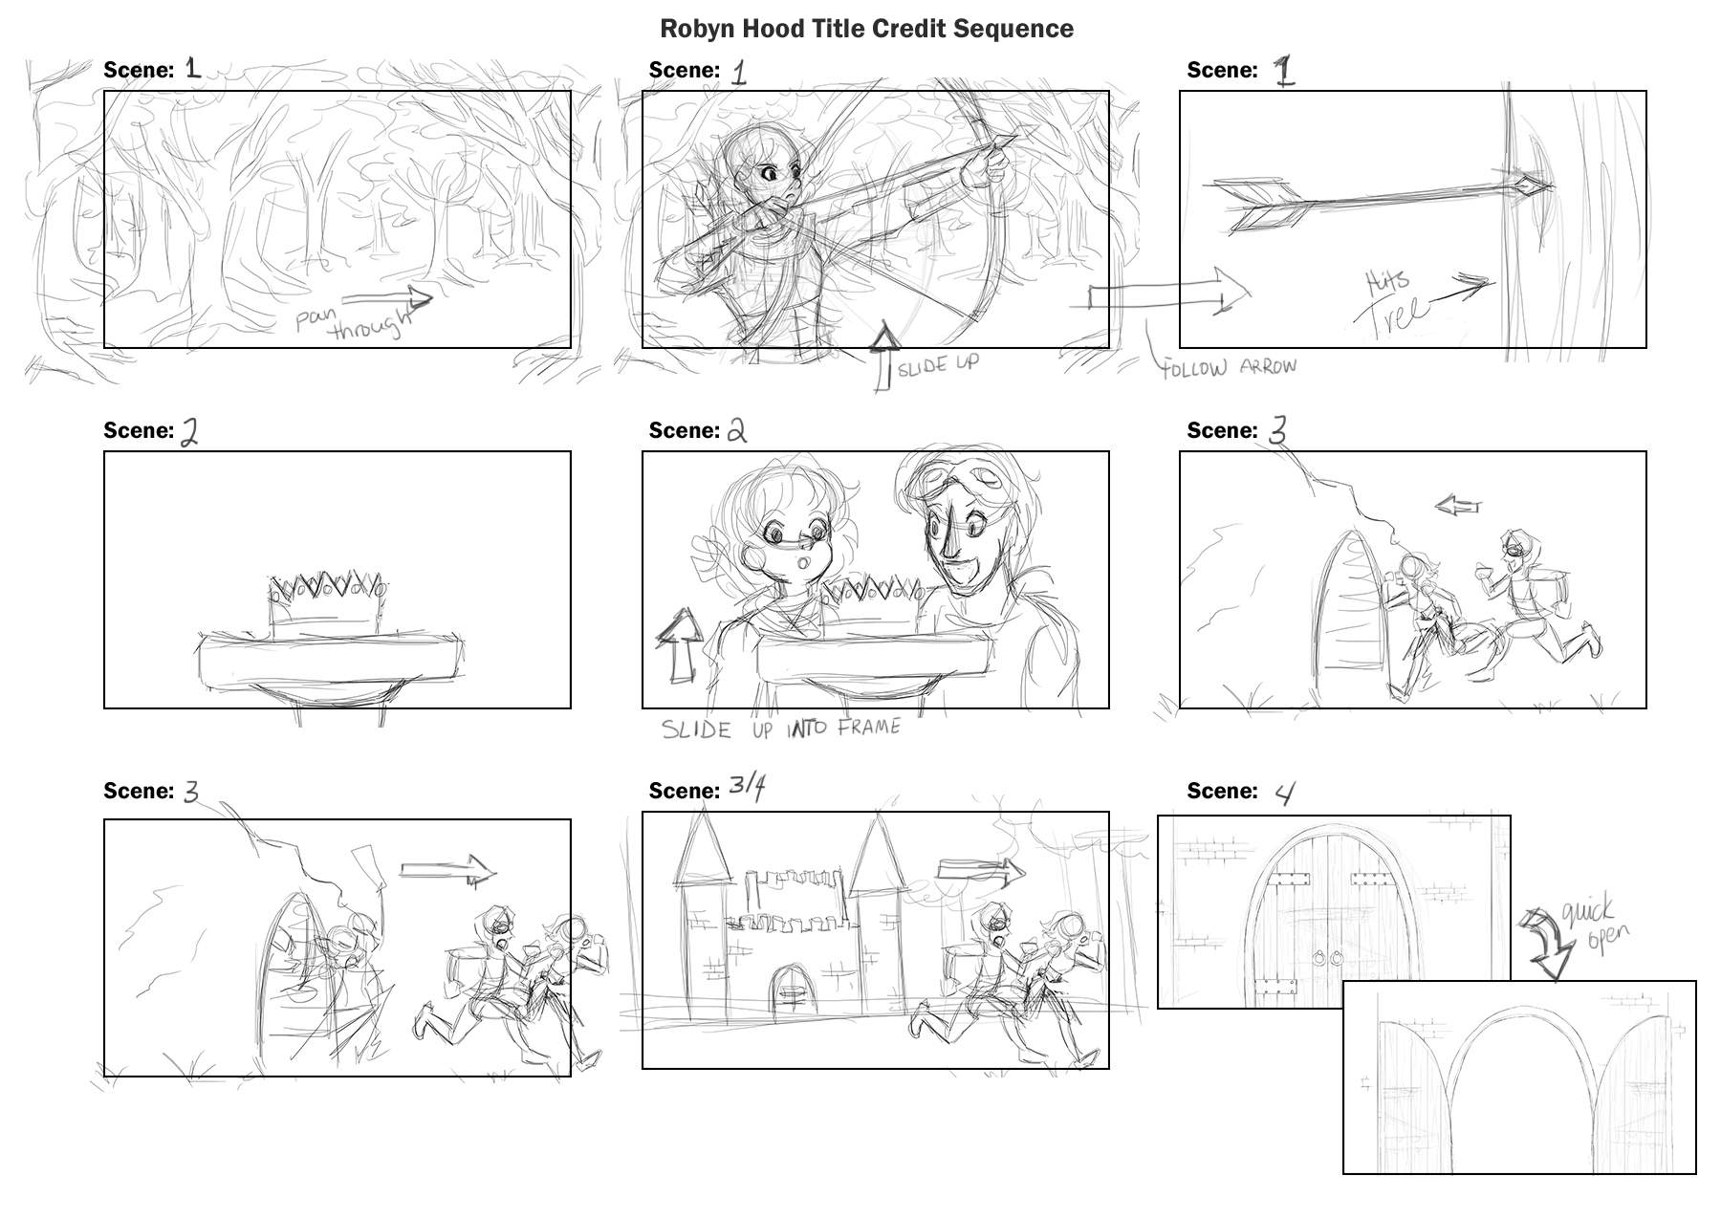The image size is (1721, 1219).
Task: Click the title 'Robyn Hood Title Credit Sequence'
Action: point(866,29)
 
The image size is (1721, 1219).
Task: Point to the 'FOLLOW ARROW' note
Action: point(1230,367)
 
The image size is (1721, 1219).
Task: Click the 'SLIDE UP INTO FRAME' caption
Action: point(781,729)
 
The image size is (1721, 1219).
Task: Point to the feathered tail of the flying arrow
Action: point(1253,206)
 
